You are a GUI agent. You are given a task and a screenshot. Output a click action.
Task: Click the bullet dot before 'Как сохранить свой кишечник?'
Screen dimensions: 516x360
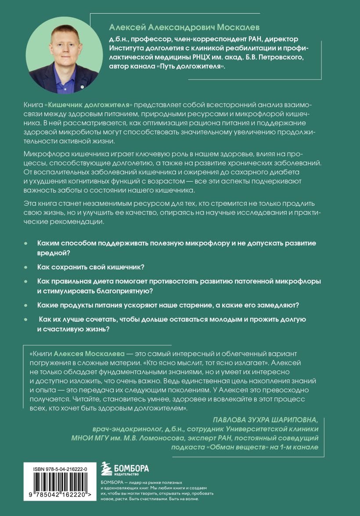pyautogui.click(x=26, y=267)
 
